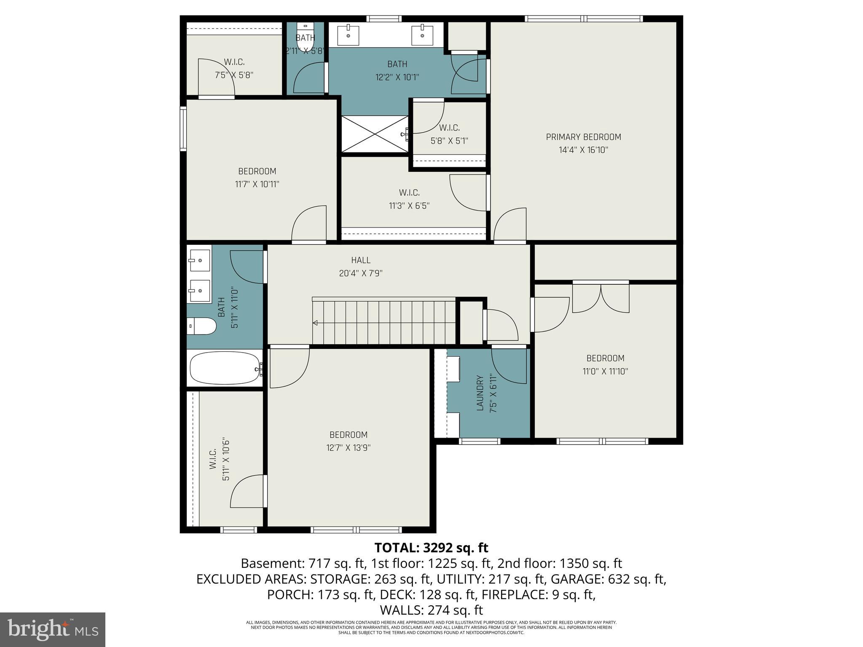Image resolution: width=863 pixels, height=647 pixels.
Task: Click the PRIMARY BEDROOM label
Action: coord(583,137)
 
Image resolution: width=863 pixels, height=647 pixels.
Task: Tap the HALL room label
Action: coord(361,260)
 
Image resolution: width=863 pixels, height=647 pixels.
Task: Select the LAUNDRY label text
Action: coord(480,393)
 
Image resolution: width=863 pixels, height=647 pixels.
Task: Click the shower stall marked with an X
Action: coord(375,134)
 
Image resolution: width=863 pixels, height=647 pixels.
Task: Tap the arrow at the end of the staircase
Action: coord(315,323)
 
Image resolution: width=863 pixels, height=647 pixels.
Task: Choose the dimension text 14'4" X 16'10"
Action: coord(584,150)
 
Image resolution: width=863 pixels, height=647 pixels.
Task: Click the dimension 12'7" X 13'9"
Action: coord(348,448)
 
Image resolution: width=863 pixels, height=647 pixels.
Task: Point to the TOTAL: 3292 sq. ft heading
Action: coord(431,548)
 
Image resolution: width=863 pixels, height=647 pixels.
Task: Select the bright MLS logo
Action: coord(53,629)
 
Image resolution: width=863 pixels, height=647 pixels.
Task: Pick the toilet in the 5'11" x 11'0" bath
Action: coord(201,326)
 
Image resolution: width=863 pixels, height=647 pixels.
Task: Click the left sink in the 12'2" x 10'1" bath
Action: coord(348,35)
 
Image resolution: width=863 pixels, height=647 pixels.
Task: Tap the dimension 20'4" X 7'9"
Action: coord(361,273)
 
